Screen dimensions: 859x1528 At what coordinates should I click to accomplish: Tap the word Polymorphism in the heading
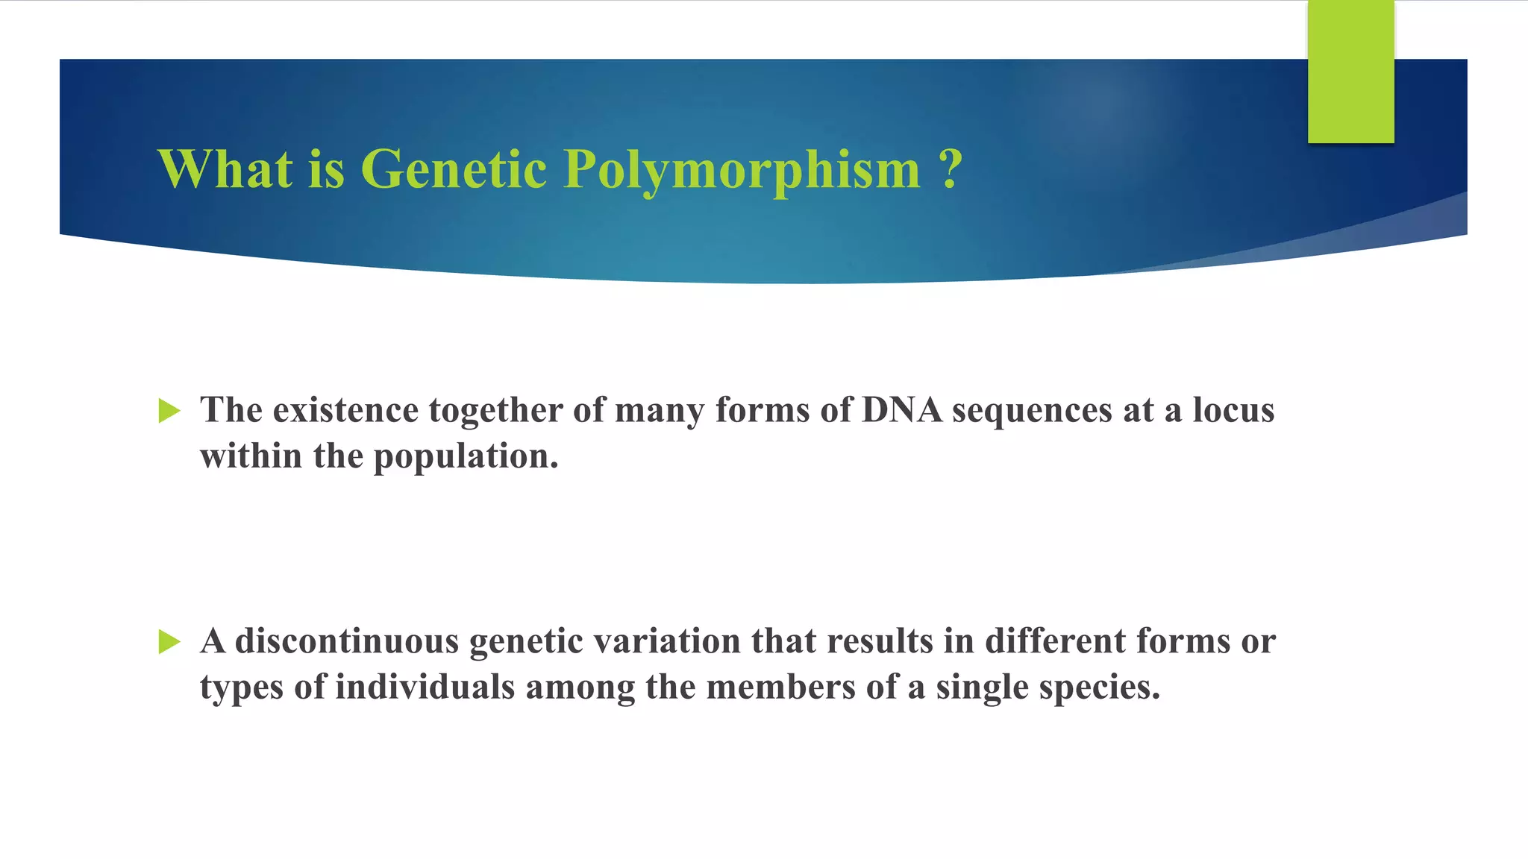(742, 170)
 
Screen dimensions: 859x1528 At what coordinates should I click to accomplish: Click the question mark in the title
(950, 169)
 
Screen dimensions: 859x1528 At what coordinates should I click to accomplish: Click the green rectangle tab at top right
(1350, 72)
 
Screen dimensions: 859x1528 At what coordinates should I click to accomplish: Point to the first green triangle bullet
(169, 411)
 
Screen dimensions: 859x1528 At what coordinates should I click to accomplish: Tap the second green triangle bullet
(169, 641)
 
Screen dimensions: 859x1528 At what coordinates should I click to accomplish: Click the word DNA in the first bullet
(901, 410)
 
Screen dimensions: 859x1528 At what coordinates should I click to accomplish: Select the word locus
(1233, 410)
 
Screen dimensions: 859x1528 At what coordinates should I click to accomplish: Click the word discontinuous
(347, 641)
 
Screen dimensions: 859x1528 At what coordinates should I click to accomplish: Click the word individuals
(425, 687)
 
